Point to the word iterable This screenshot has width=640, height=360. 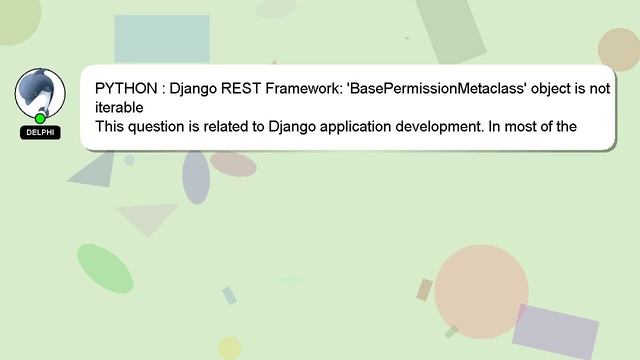(120, 107)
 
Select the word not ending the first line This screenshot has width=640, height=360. (599, 88)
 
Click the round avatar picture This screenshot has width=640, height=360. (40, 92)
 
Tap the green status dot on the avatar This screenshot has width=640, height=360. (40, 118)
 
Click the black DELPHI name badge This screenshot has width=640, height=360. (40, 132)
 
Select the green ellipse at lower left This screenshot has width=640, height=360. (104, 269)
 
